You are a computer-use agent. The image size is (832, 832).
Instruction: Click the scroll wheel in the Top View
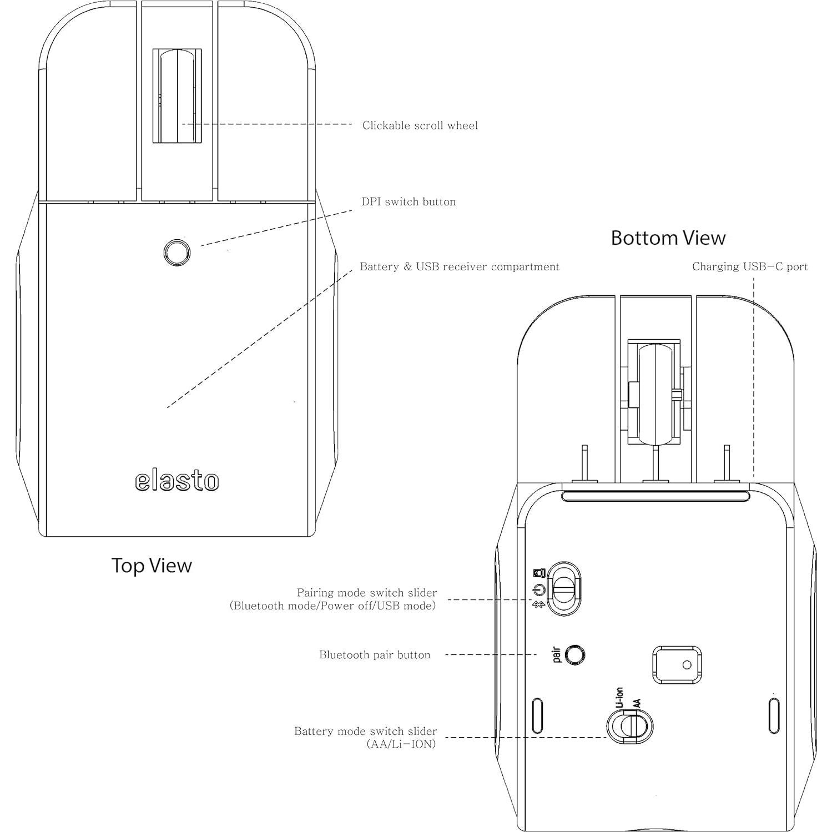pos(177,95)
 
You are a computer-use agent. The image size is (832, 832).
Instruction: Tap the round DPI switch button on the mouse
pos(177,252)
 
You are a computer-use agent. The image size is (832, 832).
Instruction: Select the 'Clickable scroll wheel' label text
pos(420,125)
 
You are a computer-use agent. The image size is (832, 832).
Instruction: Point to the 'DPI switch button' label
pos(409,202)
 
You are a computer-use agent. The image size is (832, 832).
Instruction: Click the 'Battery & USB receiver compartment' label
pos(460,267)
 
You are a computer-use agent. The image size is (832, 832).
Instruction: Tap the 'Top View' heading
pos(152,566)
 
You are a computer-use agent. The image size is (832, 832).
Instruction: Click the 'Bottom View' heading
pos(668,238)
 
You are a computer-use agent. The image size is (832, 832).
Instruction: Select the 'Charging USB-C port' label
pos(750,267)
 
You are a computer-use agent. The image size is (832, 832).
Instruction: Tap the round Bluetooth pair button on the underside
pos(575,654)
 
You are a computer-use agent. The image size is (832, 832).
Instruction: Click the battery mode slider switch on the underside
pos(629,725)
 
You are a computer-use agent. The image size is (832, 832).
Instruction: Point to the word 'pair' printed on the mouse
pos(557,654)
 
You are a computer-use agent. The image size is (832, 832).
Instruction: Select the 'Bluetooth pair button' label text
pos(375,655)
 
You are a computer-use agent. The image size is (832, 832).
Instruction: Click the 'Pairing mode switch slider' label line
pos(367,593)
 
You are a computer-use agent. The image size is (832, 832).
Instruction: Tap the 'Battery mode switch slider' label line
pos(365,732)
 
